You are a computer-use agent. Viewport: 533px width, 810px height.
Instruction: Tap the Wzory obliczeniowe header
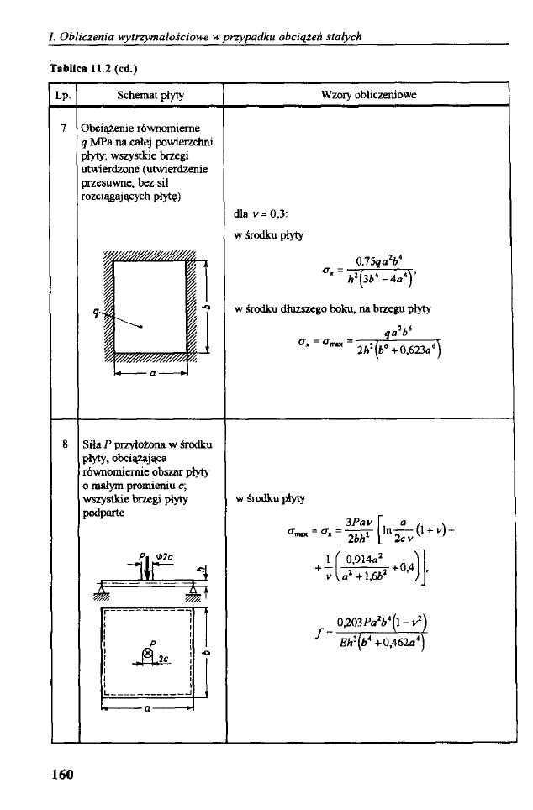pyautogui.click(x=371, y=96)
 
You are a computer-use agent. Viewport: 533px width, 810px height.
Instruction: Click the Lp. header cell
pyautogui.click(x=61, y=96)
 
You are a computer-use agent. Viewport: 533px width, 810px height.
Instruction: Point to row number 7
pyautogui.click(x=62, y=129)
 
